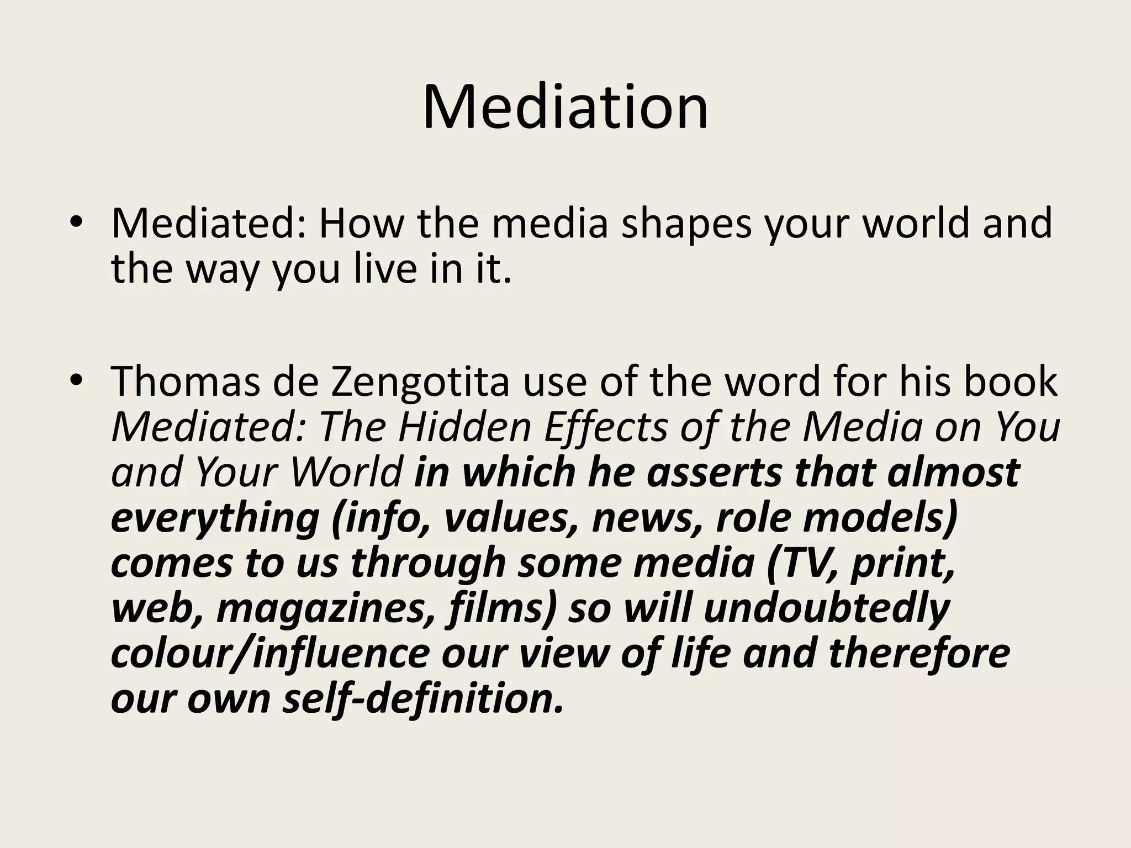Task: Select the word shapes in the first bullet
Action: pos(686,225)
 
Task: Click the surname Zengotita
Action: pos(420,383)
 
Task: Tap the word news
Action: pos(647,519)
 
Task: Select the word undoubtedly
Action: pos(827,608)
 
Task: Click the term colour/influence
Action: pos(270,654)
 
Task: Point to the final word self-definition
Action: pos(423,699)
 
